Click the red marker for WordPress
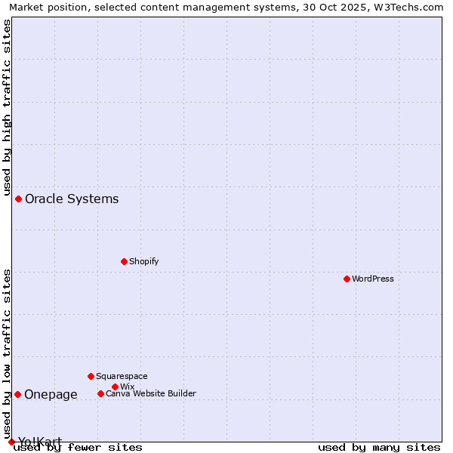point(347,279)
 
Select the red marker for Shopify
point(124,261)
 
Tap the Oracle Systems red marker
point(18,199)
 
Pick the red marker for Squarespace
point(91,376)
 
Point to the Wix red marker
point(115,387)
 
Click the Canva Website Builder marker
point(100,393)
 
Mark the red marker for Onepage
point(17,394)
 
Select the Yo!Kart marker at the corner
point(11,442)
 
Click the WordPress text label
point(373,279)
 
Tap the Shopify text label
point(143,261)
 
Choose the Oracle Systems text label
point(72,199)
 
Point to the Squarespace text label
point(122,376)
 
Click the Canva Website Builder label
point(151,393)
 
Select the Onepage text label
point(51,394)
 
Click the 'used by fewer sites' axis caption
point(78,447)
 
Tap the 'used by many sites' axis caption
point(379,447)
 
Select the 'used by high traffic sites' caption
point(7,108)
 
